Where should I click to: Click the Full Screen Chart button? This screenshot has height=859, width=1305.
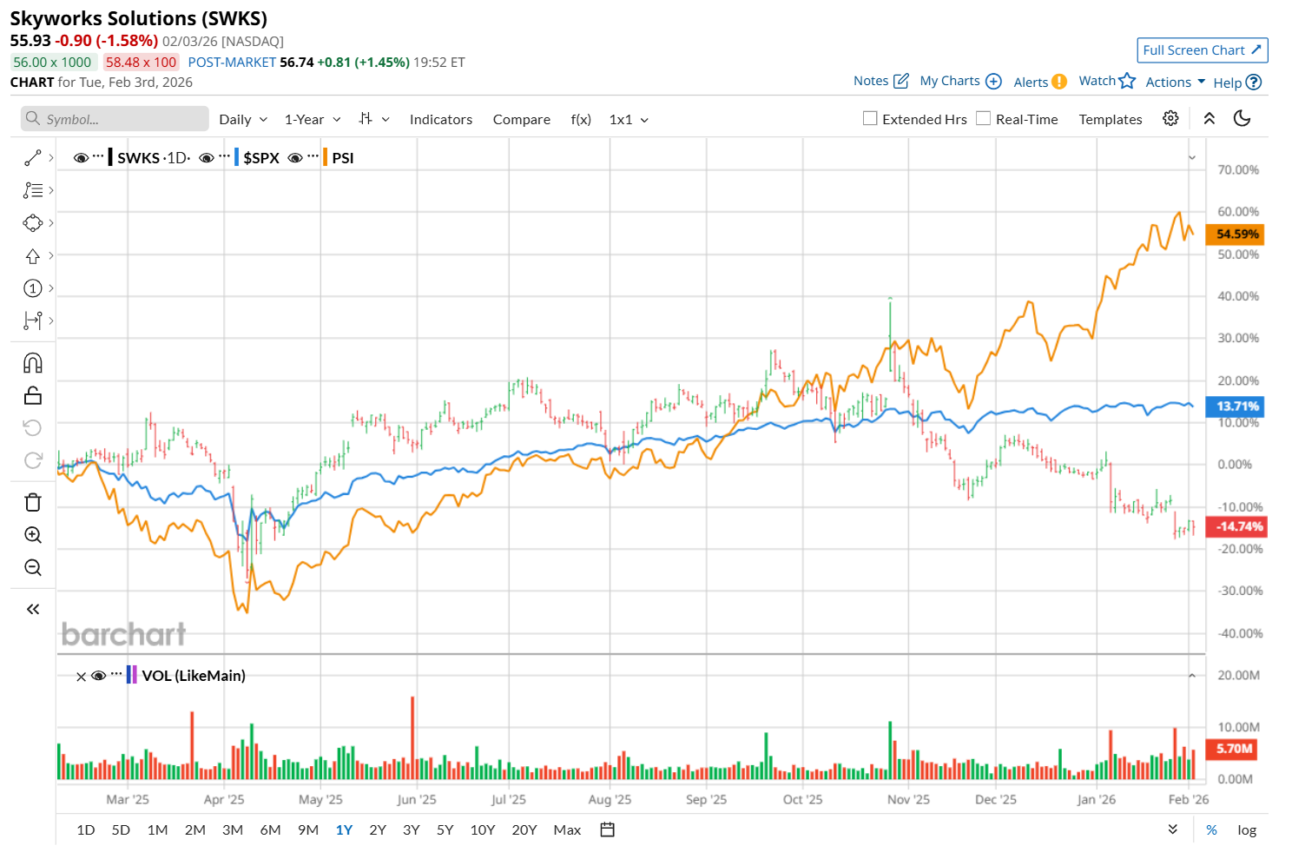click(1202, 50)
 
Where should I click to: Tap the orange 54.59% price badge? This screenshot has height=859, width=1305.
click(1236, 235)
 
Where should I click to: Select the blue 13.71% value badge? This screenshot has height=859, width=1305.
click(1236, 406)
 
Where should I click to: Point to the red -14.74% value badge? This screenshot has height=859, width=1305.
click(1236, 526)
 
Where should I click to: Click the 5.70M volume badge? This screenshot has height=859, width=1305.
click(1234, 749)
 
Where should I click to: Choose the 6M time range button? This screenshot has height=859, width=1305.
click(270, 830)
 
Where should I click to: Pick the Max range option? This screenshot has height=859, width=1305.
click(567, 830)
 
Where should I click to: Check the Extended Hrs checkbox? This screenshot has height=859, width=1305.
click(870, 119)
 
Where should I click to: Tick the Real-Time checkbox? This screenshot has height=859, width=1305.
click(984, 119)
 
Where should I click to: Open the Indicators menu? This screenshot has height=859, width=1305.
click(441, 120)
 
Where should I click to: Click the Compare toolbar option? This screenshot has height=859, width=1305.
click(521, 120)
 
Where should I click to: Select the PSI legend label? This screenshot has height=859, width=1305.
click(343, 158)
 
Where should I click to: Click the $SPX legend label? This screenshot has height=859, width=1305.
click(260, 158)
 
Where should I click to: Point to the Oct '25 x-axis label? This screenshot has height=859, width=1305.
click(802, 800)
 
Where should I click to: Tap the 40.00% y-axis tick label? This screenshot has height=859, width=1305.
click(1238, 296)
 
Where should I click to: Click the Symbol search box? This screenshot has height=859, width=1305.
click(115, 119)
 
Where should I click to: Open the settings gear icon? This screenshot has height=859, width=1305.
click(1170, 119)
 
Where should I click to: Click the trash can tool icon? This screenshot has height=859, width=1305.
click(33, 503)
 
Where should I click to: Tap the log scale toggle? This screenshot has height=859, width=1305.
click(1247, 830)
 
